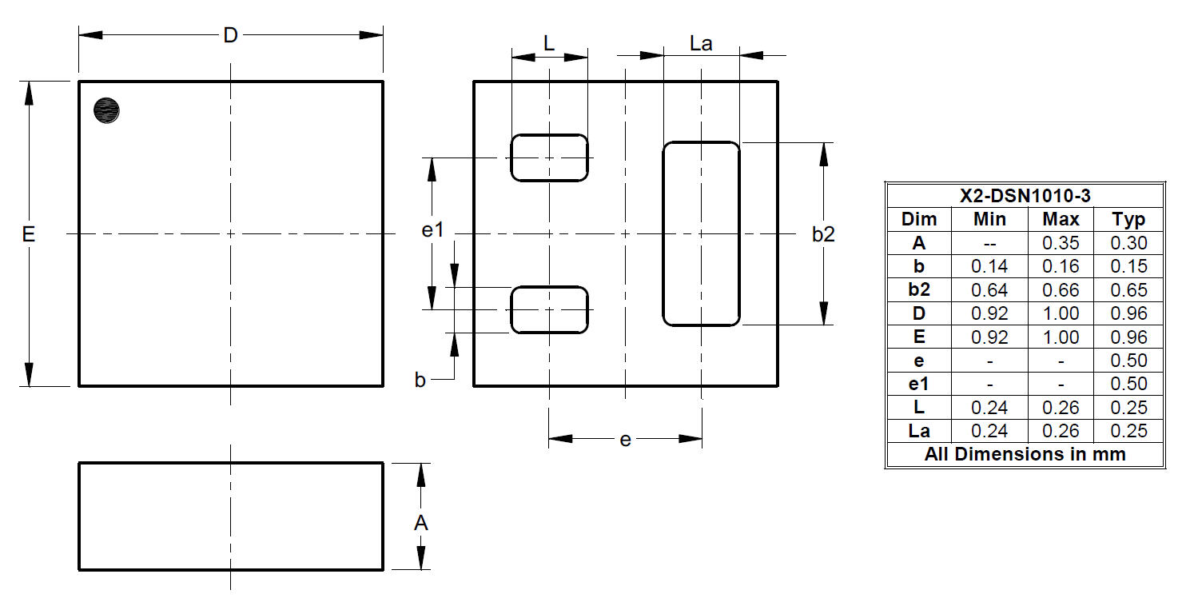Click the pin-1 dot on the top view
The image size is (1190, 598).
click(106, 110)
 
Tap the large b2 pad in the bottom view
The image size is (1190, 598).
click(701, 234)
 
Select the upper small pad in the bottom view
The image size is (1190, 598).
click(549, 157)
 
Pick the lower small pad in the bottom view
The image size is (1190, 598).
click(549, 310)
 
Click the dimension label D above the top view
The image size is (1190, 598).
click(230, 36)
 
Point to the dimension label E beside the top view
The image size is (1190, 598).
click(28, 234)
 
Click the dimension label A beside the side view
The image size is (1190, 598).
click(420, 523)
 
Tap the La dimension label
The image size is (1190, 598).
click(701, 44)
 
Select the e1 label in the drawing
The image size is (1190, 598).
click(432, 230)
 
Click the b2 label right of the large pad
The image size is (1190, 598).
click(823, 234)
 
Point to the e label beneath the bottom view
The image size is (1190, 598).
click(625, 441)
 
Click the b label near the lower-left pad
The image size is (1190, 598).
click(420, 380)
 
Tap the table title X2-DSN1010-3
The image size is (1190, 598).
click(1025, 196)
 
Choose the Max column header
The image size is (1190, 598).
click(1061, 219)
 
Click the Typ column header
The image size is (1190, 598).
click(1128, 220)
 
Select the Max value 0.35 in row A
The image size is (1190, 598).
click(1061, 243)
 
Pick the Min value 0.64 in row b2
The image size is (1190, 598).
click(989, 289)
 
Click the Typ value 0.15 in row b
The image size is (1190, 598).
click(1128, 266)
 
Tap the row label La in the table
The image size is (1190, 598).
click(918, 431)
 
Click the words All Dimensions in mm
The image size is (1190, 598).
click(1025, 454)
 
